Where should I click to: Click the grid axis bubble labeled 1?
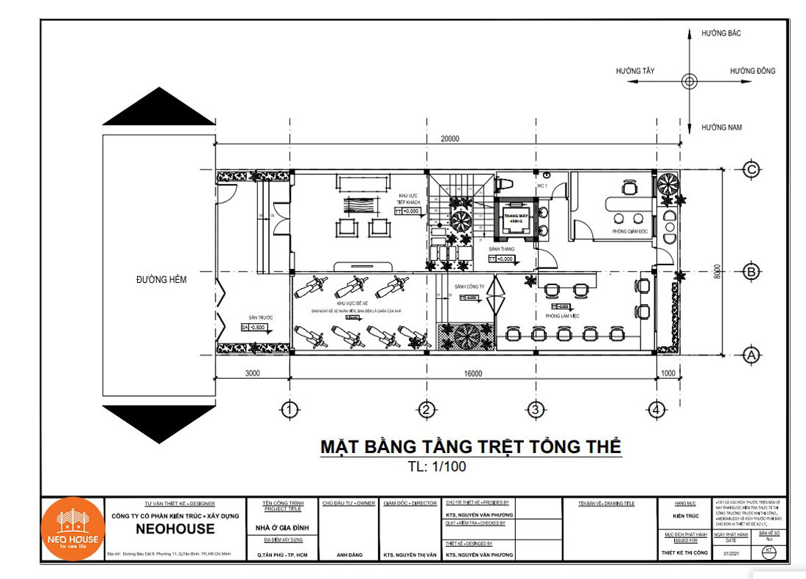pos(291,409)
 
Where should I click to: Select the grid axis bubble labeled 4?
pos(657,409)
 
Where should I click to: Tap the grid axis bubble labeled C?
pos(751,169)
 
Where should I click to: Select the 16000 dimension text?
pos(473,374)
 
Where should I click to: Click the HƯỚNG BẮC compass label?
pos(722,34)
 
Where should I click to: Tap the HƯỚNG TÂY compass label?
pos(635,71)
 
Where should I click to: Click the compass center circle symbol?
pos(689,80)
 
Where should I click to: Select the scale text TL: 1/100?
pos(437,466)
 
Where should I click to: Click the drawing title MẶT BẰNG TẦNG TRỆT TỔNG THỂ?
pos(470,446)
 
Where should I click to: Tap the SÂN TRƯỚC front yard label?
pos(260,317)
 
